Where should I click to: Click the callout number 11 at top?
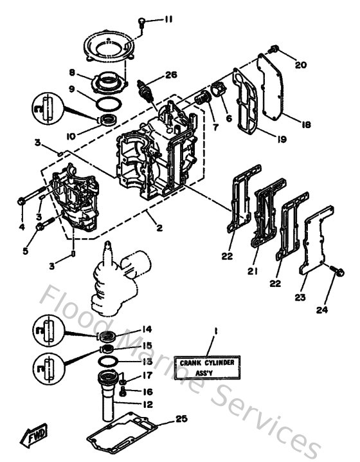pyautogui.click(x=168, y=20)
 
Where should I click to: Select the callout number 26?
pyautogui.click(x=170, y=75)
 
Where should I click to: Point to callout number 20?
pyautogui.click(x=301, y=64)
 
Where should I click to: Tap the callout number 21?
pyautogui.click(x=252, y=272)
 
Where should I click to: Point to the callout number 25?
pyautogui.click(x=181, y=419)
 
